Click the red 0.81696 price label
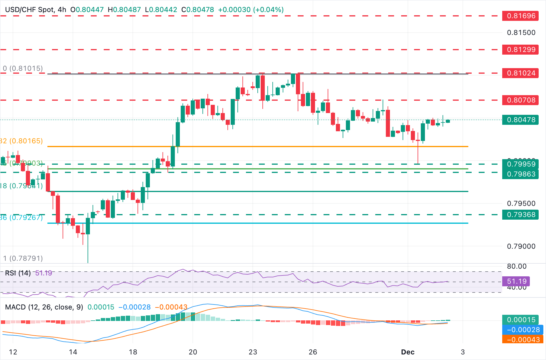click(x=520, y=16)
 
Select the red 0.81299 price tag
click(x=520, y=50)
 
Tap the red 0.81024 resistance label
click(x=520, y=73)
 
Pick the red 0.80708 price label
click(x=520, y=100)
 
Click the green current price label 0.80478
click(x=520, y=120)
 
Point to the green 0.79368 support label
click(x=520, y=215)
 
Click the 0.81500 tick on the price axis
click(x=521, y=33)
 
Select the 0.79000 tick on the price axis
click(x=521, y=246)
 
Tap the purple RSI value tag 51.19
click(x=516, y=281)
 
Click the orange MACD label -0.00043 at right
click(x=521, y=340)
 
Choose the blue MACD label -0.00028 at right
click(x=521, y=330)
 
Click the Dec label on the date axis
click(x=408, y=352)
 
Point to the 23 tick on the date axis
click(x=253, y=352)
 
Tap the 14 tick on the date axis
click(x=73, y=352)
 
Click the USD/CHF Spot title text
click(x=29, y=10)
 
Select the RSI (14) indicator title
click(x=18, y=273)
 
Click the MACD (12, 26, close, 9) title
click(x=44, y=307)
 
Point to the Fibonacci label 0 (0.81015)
click(x=23, y=68)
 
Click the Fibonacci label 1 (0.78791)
click(x=23, y=258)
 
